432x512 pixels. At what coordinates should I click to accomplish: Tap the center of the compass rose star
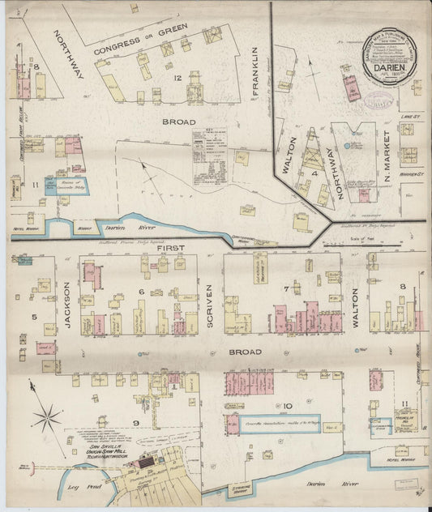46,418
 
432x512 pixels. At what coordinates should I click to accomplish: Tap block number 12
177,77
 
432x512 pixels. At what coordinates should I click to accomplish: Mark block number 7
286,289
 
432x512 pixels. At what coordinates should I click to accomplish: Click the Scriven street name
209,308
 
